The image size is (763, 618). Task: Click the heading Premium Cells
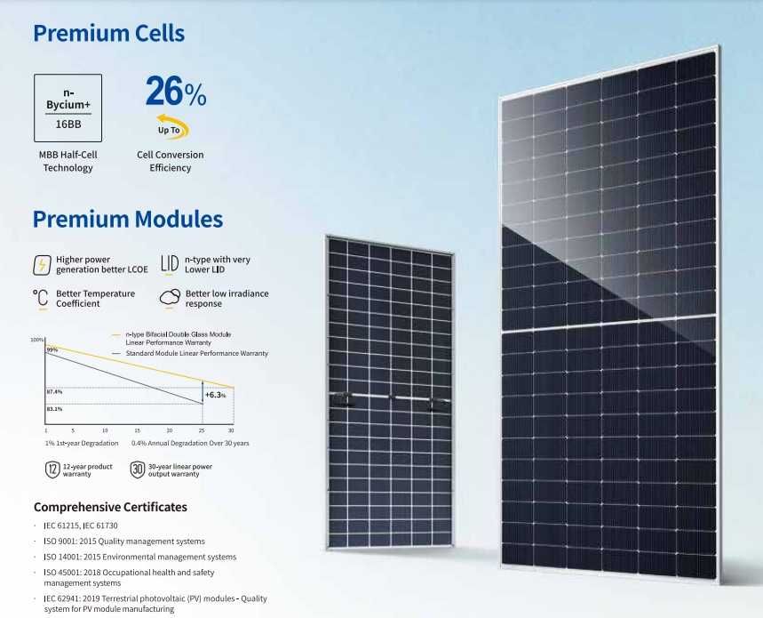coord(108,34)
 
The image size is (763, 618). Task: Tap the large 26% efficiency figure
coord(175,92)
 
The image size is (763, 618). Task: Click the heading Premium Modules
coord(127,220)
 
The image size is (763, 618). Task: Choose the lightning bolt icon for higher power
coord(41,265)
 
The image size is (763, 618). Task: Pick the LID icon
coord(170,264)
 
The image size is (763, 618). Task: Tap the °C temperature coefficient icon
coord(40,298)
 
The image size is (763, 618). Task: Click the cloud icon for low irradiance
coord(170,298)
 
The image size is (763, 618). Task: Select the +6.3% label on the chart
coord(215,394)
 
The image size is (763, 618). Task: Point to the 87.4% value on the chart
coord(54,391)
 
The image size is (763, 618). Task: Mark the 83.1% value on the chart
coord(54,409)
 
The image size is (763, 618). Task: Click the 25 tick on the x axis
coord(202,430)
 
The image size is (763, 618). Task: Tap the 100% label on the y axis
coord(37,341)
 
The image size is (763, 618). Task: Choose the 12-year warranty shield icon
coord(52,470)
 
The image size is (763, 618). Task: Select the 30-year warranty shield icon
coord(138,470)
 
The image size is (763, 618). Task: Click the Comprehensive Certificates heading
coord(110,507)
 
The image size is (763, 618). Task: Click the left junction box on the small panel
coord(340,397)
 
